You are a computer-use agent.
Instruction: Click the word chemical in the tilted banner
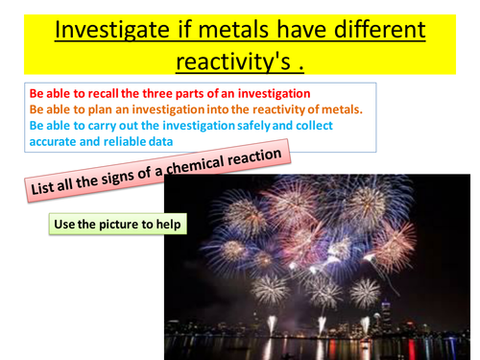[x=196, y=167]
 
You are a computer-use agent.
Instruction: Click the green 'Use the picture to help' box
[x=116, y=225]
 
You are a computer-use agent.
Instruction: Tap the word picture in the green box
[x=125, y=225]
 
